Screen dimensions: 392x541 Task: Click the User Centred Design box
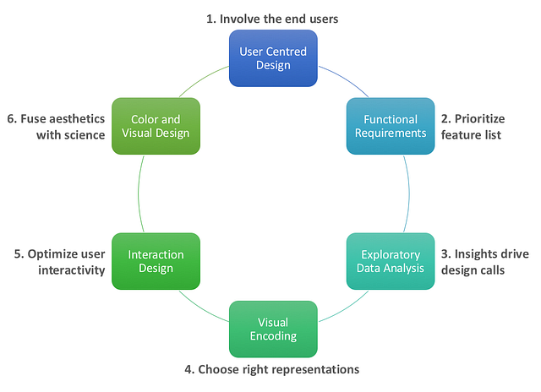point(273,58)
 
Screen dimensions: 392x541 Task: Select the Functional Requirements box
point(390,126)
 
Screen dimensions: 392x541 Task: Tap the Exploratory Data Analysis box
point(390,261)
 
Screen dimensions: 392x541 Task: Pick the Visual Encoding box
point(273,329)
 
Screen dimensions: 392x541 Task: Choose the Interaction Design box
point(156,261)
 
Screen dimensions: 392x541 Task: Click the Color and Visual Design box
point(156,126)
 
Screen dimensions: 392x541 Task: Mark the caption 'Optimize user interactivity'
point(59,261)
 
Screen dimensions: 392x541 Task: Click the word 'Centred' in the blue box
point(288,52)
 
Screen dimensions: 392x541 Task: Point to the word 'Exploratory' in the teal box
point(391,254)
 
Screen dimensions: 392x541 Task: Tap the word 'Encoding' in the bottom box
point(273,336)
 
